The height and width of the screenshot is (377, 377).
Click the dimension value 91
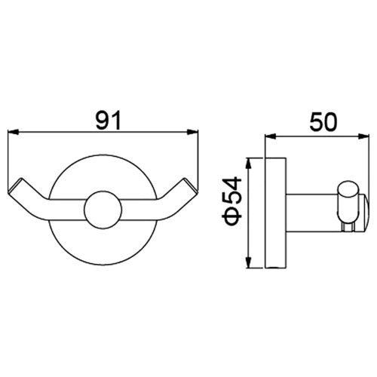109,120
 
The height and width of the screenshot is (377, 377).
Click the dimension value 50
323,122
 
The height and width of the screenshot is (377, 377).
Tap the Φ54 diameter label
231,201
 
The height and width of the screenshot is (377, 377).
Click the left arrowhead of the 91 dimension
14,132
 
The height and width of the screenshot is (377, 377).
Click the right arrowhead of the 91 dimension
192,132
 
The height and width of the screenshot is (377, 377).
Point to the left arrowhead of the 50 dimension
271,136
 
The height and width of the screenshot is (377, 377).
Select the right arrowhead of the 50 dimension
363,136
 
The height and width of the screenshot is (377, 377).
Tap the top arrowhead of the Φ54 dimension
249,163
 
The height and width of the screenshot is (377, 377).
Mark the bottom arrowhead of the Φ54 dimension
249,262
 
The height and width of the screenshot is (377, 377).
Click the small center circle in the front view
103,210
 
